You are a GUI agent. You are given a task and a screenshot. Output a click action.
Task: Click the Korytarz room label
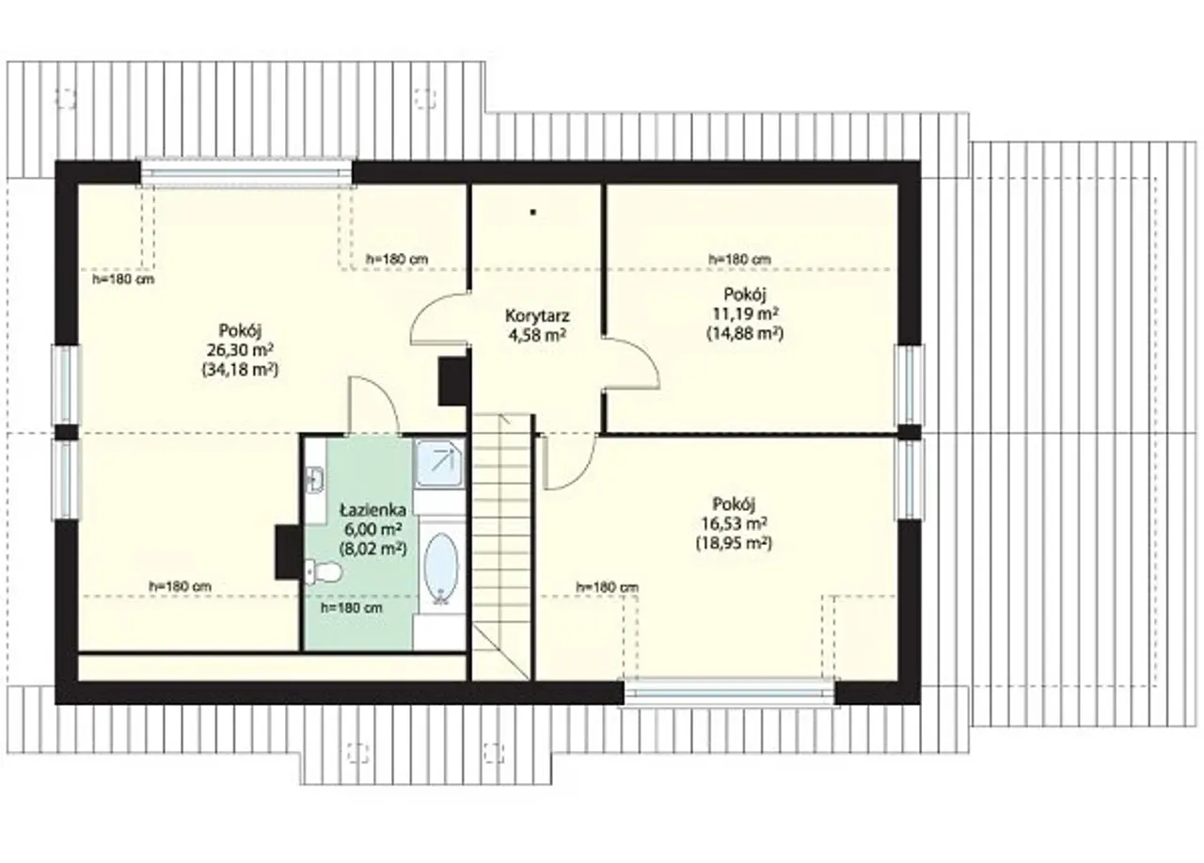(536, 315)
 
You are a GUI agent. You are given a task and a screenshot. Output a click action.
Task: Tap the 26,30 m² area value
(240, 350)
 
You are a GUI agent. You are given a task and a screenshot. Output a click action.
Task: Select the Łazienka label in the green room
(373, 510)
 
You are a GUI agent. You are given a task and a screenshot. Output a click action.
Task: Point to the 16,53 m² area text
(734, 522)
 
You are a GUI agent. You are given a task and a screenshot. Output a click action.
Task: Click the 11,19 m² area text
(746, 313)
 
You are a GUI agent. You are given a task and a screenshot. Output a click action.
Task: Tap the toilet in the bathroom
(324, 571)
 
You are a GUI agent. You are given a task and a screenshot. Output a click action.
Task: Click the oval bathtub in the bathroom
(441, 567)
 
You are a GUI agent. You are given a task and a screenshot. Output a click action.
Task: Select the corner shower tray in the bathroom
(439, 463)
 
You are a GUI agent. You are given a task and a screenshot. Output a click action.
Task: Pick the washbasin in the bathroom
(314, 479)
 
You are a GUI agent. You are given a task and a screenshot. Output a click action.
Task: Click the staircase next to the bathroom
(502, 547)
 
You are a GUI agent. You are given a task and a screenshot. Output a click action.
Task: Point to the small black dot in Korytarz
(533, 213)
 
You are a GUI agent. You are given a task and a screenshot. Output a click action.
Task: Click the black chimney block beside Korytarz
(452, 381)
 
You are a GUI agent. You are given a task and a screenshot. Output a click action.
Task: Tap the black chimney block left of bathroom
(288, 552)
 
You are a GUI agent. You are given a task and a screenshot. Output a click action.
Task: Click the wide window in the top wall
(246, 173)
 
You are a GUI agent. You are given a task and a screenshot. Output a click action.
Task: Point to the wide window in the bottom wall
(729, 693)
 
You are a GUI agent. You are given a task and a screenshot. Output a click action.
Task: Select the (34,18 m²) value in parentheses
(240, 370)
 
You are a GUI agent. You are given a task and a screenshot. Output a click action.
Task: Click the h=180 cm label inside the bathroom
(352, 608)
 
